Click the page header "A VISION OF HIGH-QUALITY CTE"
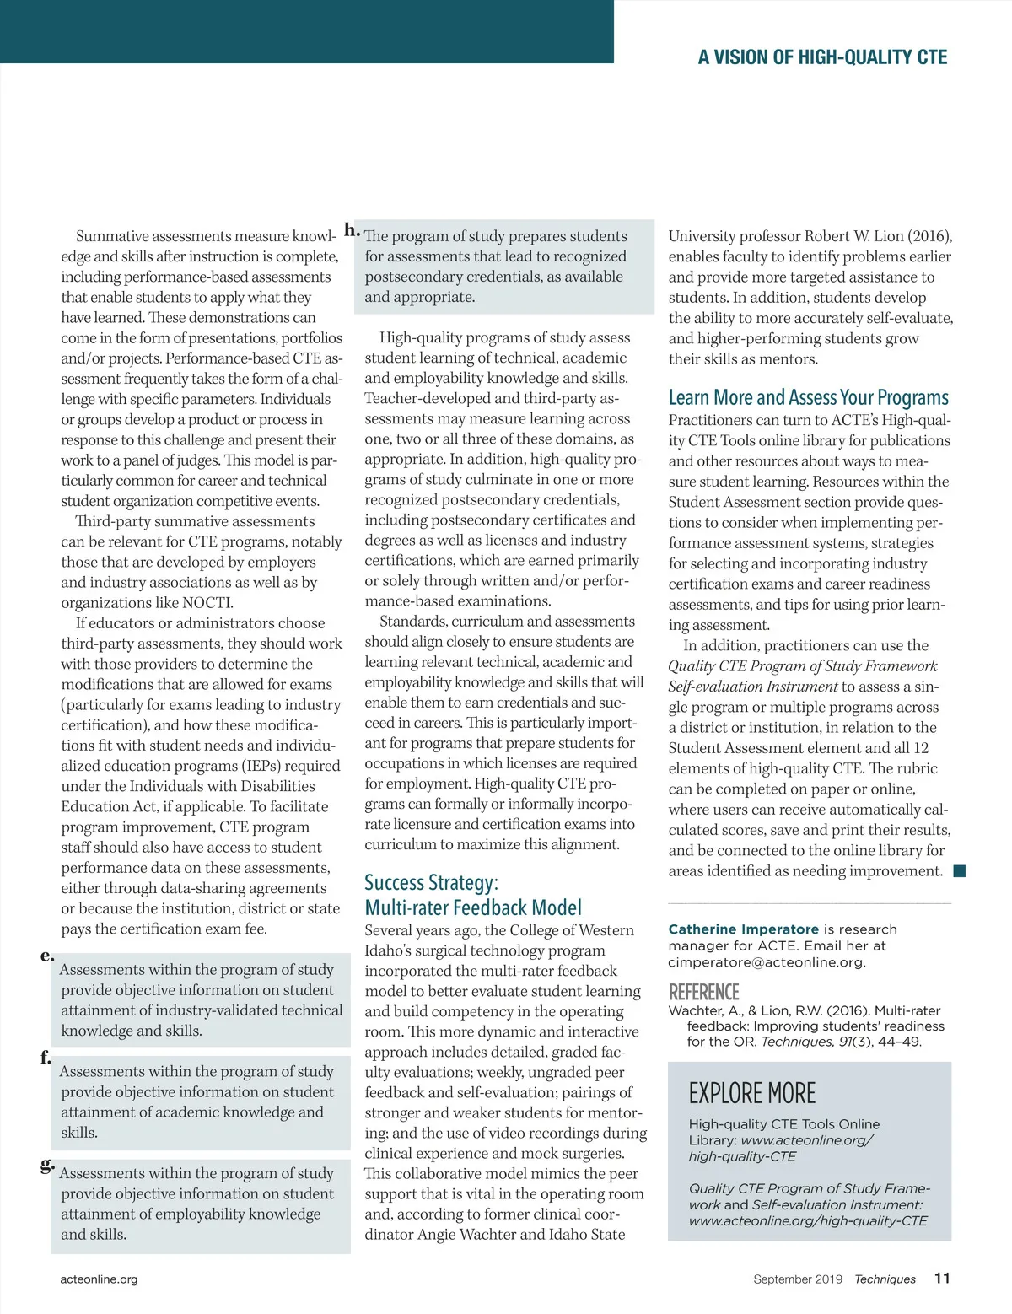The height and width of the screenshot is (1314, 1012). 822,57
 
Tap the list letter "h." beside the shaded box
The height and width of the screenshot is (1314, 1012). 352,229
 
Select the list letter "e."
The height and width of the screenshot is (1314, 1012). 47,956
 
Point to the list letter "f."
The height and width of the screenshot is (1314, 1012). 46,1058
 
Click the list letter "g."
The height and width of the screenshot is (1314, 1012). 47,1165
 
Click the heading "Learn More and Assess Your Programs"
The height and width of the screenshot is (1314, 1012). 808,397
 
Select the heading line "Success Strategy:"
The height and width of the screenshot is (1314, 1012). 431,882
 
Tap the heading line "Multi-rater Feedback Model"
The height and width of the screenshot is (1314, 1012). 473,907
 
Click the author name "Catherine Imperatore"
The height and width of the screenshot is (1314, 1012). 743,929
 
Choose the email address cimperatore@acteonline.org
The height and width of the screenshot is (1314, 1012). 766,962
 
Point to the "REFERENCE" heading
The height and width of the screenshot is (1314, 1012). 703,992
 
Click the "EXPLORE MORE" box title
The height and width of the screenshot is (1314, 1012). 751,1093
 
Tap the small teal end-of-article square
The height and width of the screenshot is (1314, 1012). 959,871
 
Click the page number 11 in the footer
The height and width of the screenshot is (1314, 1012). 942,1278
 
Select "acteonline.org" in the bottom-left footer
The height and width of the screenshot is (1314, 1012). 99,1279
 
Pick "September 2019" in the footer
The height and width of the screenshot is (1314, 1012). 798,1279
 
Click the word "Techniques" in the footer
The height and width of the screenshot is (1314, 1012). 885,1279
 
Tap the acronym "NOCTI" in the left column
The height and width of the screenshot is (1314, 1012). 207,602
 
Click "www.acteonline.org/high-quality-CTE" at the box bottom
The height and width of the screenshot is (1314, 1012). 807,1220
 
